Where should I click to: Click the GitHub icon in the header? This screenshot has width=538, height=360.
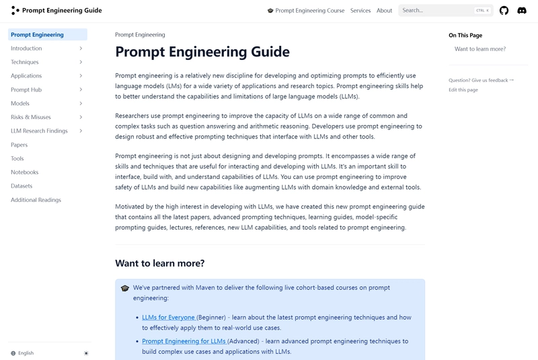(504, 11)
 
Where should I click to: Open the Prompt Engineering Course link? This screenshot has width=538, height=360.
(306, 11)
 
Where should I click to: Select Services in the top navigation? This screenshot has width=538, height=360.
(360, 11)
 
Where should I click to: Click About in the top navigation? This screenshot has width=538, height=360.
(385, 11)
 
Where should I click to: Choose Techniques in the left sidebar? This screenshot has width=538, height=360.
(25, 62)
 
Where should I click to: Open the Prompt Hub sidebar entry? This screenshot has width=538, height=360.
(26, 89)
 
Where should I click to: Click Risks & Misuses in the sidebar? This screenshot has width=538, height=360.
(31, 117)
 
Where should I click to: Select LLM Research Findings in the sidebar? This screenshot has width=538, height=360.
(39, 131)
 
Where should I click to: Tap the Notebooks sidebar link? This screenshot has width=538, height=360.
(25, 172)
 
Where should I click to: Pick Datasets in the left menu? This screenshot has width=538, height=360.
(22, 186)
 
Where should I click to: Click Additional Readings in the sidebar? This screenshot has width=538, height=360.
(36, 200)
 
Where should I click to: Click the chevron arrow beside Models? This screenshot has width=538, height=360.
(81, 104)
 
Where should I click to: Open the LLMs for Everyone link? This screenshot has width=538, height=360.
(168, 317)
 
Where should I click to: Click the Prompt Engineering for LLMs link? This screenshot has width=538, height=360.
(184, 341)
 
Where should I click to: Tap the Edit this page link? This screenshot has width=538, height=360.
(463, 89)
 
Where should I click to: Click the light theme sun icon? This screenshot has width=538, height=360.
(85, 353)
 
